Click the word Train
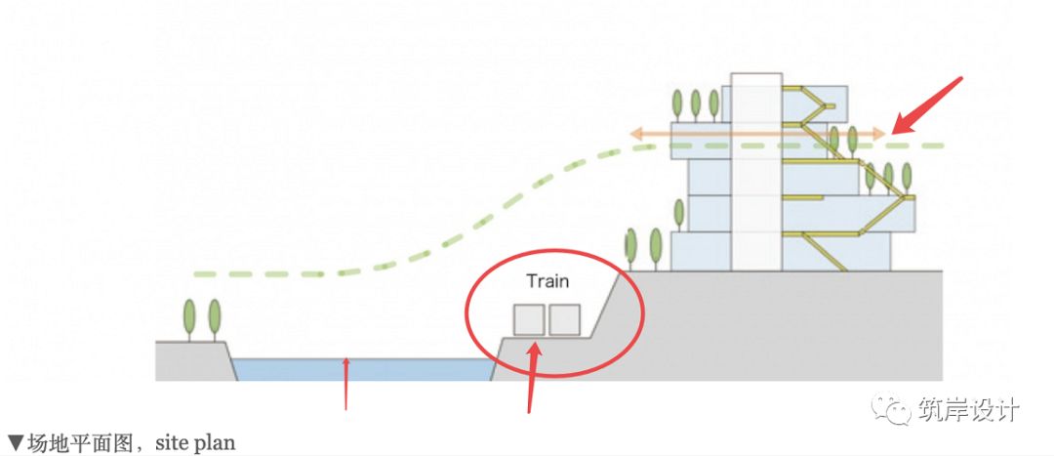(x=547, y=281)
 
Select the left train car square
(x=529, y=320)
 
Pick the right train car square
(x=564, y=320)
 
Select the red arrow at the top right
(x=928, y=105)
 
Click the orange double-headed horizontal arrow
(x=756, y=133)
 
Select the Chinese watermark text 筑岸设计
(x=969, y=409)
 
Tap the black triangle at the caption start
(x=16, y=442)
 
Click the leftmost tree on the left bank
(x=189, y=318)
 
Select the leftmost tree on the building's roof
(x=676, y=103)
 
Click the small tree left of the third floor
(x=677, y=213)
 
